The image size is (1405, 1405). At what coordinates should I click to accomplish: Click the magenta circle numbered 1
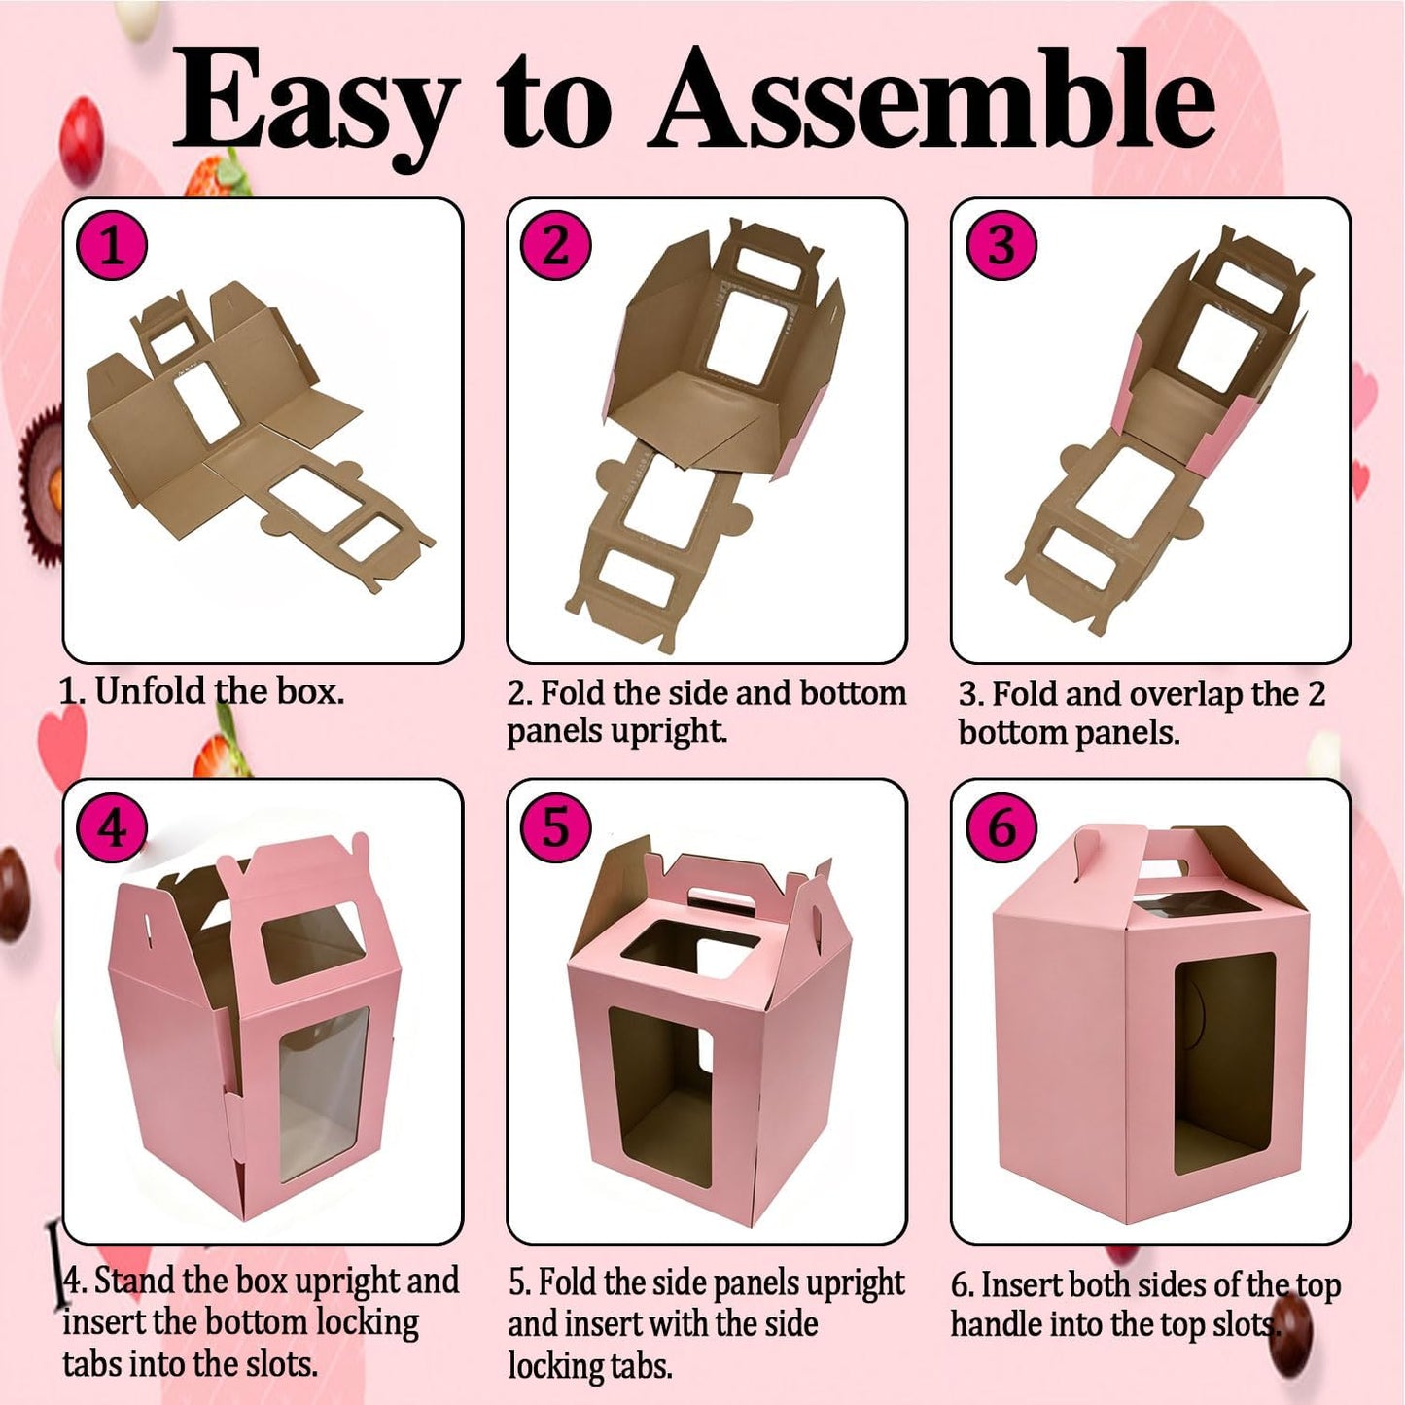tap(111, 246)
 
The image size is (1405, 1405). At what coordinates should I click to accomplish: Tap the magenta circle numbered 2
tap(555, 246)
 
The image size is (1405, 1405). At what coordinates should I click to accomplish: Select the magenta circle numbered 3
tap(1001, 246)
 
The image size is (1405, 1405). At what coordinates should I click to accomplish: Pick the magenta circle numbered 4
tap(111, 828)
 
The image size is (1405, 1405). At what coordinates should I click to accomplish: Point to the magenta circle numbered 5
tap(555, 828)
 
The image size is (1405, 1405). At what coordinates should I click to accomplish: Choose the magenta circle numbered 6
tap(1001, 828)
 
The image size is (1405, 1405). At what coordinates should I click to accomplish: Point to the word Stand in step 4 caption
tap(135, 1281)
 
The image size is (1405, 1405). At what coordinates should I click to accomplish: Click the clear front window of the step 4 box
tap(323, 1095)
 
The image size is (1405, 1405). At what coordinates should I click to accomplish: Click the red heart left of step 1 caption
tap(62, 739)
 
